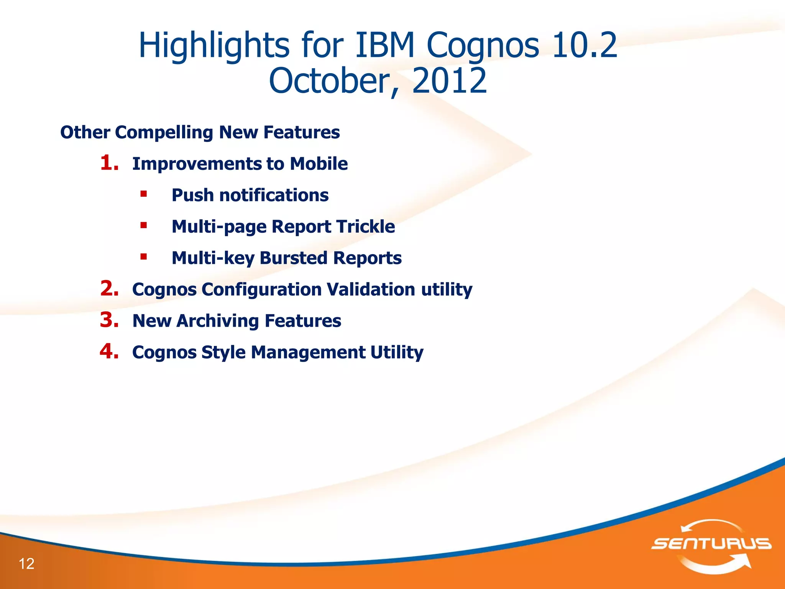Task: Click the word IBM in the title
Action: [385, 45]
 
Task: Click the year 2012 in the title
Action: [449, 81]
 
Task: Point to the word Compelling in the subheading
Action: [164, 132]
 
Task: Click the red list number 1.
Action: [109, 163]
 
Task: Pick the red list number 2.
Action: [109, 289]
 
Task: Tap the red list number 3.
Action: [109, 320]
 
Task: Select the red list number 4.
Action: [109, 352]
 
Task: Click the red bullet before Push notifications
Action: [144, 194]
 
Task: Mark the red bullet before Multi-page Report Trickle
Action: [144, 225]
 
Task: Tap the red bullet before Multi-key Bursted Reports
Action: [144, 257]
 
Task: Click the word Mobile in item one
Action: [319, 164]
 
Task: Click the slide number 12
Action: [26, 564]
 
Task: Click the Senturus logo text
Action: [711, 544]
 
